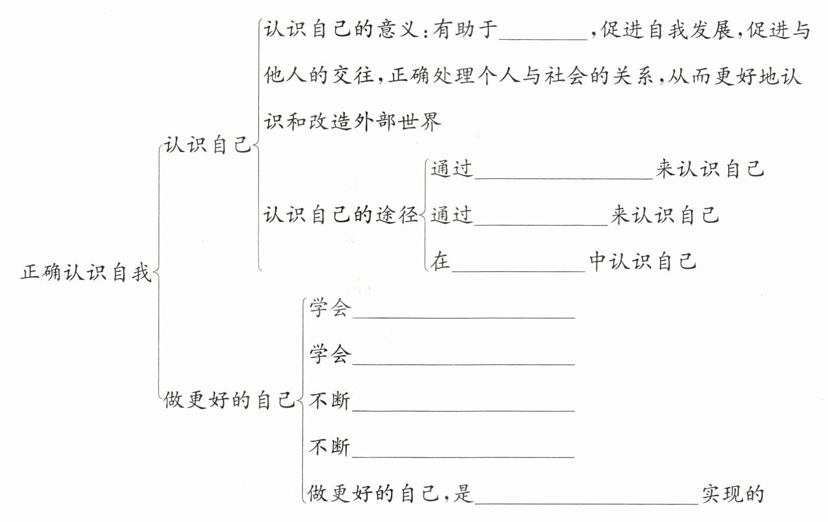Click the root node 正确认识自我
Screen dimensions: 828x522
coord(86,273)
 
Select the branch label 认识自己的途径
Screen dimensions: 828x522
coord(341,215)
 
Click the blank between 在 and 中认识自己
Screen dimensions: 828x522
coord(518,267)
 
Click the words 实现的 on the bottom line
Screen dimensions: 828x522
coord(733,493)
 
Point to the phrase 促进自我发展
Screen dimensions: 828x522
coord(668,29)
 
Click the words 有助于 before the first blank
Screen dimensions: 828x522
coord(465,29)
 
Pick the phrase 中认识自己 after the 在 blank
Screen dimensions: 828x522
coord(643,262)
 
